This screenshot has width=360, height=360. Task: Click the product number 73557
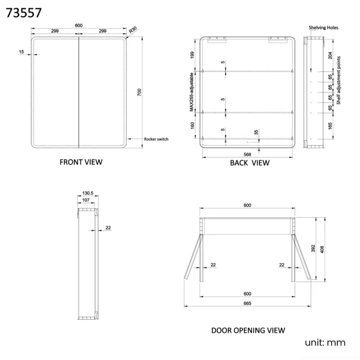(24, 13)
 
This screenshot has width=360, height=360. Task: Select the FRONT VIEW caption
(81, 162)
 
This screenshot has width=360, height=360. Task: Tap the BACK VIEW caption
(250, 163)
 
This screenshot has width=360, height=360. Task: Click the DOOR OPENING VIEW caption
(248, 331)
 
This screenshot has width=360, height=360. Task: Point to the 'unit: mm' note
(325, 342)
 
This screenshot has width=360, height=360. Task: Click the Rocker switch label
(156, 139)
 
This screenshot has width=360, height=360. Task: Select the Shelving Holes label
(323, 28)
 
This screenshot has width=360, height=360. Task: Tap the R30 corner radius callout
(133, 30)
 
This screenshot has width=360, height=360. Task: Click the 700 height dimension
(140, 92)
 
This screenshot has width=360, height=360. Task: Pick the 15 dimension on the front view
(22, 52)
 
